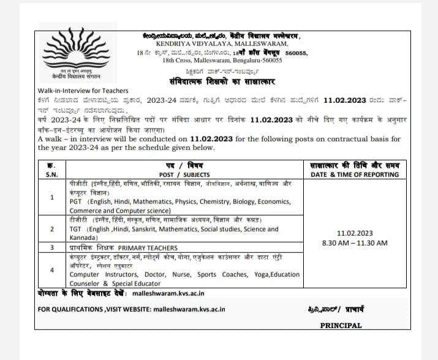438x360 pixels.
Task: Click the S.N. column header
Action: point(51,174)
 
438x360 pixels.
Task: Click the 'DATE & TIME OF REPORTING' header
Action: point(355,174)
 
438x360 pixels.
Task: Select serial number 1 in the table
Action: point(51,197)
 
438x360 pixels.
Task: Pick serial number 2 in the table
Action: point(51,230)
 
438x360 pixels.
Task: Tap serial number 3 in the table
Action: point(51,247)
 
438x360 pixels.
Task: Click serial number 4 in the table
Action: point(51,270)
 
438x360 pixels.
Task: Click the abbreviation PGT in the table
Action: point(76,201)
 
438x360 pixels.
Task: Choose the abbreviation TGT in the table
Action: point(76,230)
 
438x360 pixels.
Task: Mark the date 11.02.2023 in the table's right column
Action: point(355,233)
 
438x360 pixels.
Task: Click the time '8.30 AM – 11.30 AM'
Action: point(355,243)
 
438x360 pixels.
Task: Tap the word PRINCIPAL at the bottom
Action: point(341,326)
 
